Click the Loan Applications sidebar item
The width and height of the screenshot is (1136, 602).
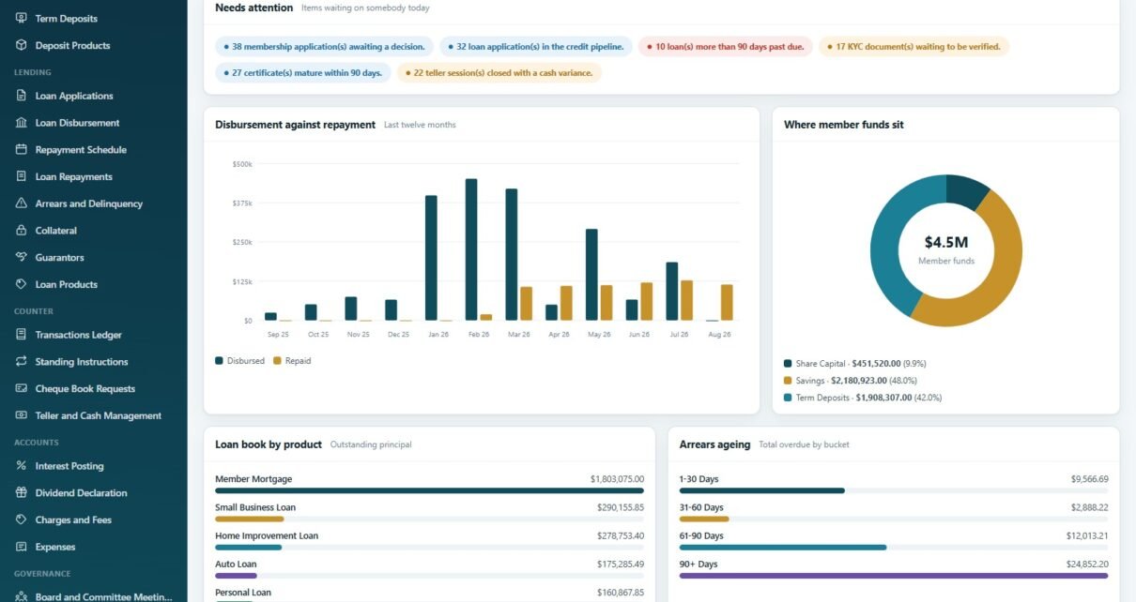click(74, 96)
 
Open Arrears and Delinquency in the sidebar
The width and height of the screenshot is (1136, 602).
click(89, 203)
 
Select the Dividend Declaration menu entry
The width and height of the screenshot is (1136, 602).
click(81, 493)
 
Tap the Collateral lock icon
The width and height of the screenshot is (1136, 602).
click(22, 230)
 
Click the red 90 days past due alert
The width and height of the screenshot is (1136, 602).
click(725, 47)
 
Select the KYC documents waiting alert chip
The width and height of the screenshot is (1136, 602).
click(913, 47)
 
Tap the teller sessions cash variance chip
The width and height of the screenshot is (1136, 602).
click(499, 73)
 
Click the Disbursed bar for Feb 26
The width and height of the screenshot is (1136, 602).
click(471, 249)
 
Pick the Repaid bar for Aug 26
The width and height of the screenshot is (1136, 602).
click(727, 303)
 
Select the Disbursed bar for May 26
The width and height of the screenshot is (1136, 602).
click(591, 275)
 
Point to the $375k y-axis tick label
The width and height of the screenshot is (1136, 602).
click(242, 203)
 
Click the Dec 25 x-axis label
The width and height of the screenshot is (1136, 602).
click(398, 335)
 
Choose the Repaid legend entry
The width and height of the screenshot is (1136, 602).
click(292, 361)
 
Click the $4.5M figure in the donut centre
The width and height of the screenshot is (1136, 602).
click(946, 242)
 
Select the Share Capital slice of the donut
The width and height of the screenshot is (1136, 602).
click(966, 190)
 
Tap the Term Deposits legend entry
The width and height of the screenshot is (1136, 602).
click(863, 398)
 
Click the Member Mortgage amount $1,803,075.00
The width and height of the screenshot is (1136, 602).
click(617, 479)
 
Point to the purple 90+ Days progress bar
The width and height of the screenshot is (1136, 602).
click(894, 576)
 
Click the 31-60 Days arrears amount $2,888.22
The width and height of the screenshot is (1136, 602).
click(1089, 507)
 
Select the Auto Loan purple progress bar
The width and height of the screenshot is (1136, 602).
click(236, 576)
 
